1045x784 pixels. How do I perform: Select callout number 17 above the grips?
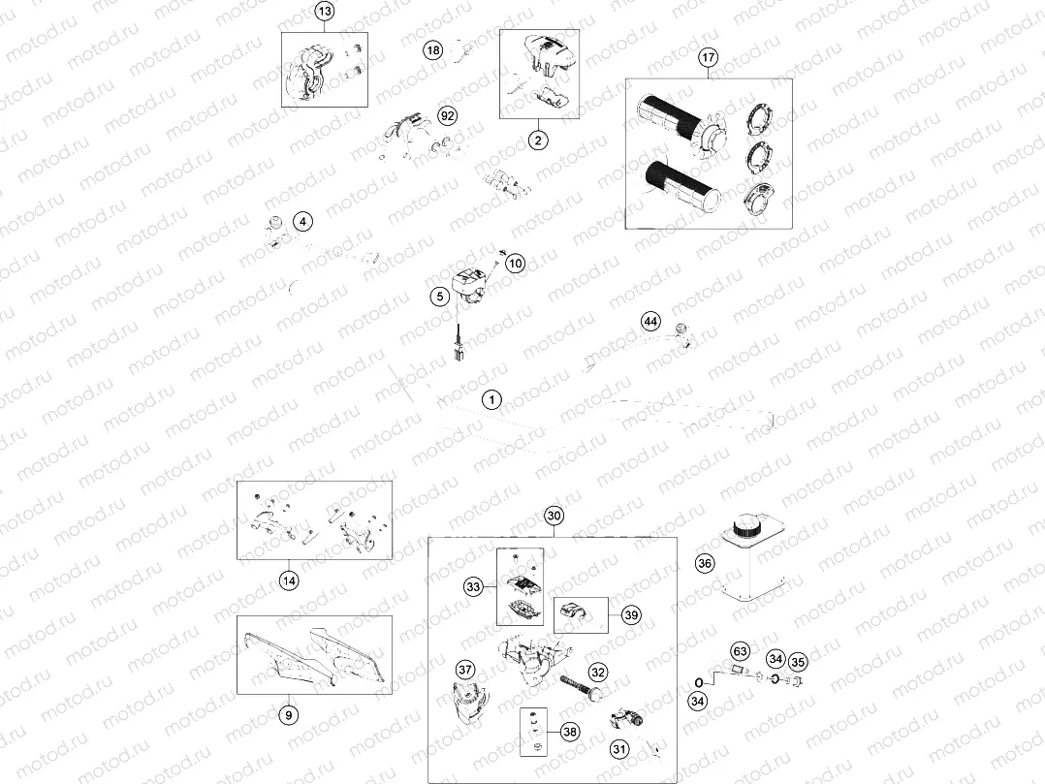[x=708, y=57]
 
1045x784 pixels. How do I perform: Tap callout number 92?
[x=448, y=116]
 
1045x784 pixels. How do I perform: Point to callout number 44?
[x=650, y=322]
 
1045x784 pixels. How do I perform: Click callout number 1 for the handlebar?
[x=491, y=399]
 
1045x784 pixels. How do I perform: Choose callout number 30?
[x=554, y=516]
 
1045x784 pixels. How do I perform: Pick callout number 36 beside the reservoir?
[x=705, y=563]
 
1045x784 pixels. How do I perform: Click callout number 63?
[x=741, y=650]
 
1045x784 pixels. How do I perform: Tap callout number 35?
[x=798, y=662]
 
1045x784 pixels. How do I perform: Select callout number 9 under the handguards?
[x=289, y=715]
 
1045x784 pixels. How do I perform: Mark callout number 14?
[x=289, y=580]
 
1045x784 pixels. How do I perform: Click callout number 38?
[x=570, y=732]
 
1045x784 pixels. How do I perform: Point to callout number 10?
[x=516, y=263]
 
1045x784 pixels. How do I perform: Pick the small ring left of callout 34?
[x=699, y=682]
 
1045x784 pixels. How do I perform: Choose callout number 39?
[x=631, y=614]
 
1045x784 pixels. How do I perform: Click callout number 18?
[x=433, y=50]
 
